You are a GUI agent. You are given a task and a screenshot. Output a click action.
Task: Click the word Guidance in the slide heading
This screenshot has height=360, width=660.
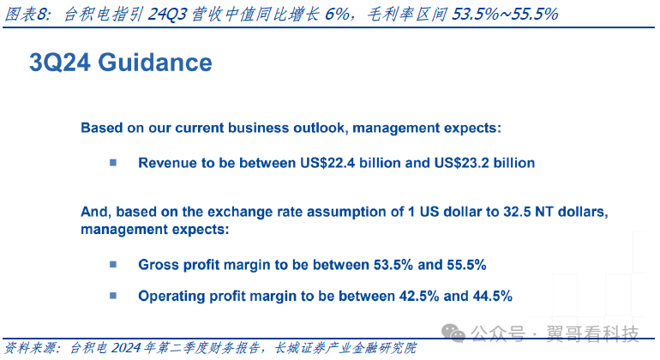(155, 63)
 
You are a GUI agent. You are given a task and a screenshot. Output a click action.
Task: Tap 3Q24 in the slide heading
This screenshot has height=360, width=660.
(60, 63)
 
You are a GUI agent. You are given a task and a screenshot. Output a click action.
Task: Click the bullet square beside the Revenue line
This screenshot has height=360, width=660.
(113, 163)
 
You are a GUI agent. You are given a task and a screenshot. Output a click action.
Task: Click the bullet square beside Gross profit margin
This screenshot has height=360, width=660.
(113, 264)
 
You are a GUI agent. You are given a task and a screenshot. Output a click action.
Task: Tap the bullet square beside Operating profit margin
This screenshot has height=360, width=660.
(113, 296)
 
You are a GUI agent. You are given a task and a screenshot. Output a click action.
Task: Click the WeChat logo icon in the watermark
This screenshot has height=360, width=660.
(453, 333)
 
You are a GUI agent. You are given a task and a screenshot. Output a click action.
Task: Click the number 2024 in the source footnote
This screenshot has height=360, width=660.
(126, 348)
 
